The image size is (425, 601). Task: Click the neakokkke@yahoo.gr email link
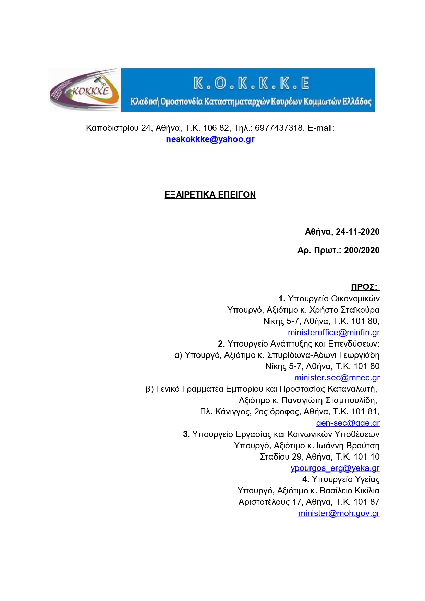210,139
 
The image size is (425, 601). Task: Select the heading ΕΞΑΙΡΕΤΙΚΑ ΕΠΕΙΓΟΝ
210,195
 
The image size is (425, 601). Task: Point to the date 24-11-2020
357,232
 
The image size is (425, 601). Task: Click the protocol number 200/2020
362,250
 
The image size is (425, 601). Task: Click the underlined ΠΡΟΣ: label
364,287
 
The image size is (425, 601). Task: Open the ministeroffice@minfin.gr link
333,333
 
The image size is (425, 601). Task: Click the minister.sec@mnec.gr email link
337,378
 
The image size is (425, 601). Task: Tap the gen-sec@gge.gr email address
348,423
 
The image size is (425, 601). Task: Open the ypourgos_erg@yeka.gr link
335,468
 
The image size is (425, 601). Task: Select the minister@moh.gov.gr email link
339,513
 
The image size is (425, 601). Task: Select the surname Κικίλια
367,491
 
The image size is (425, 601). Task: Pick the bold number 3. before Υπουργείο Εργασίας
186,434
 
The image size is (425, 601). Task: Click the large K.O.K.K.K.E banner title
251,83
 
